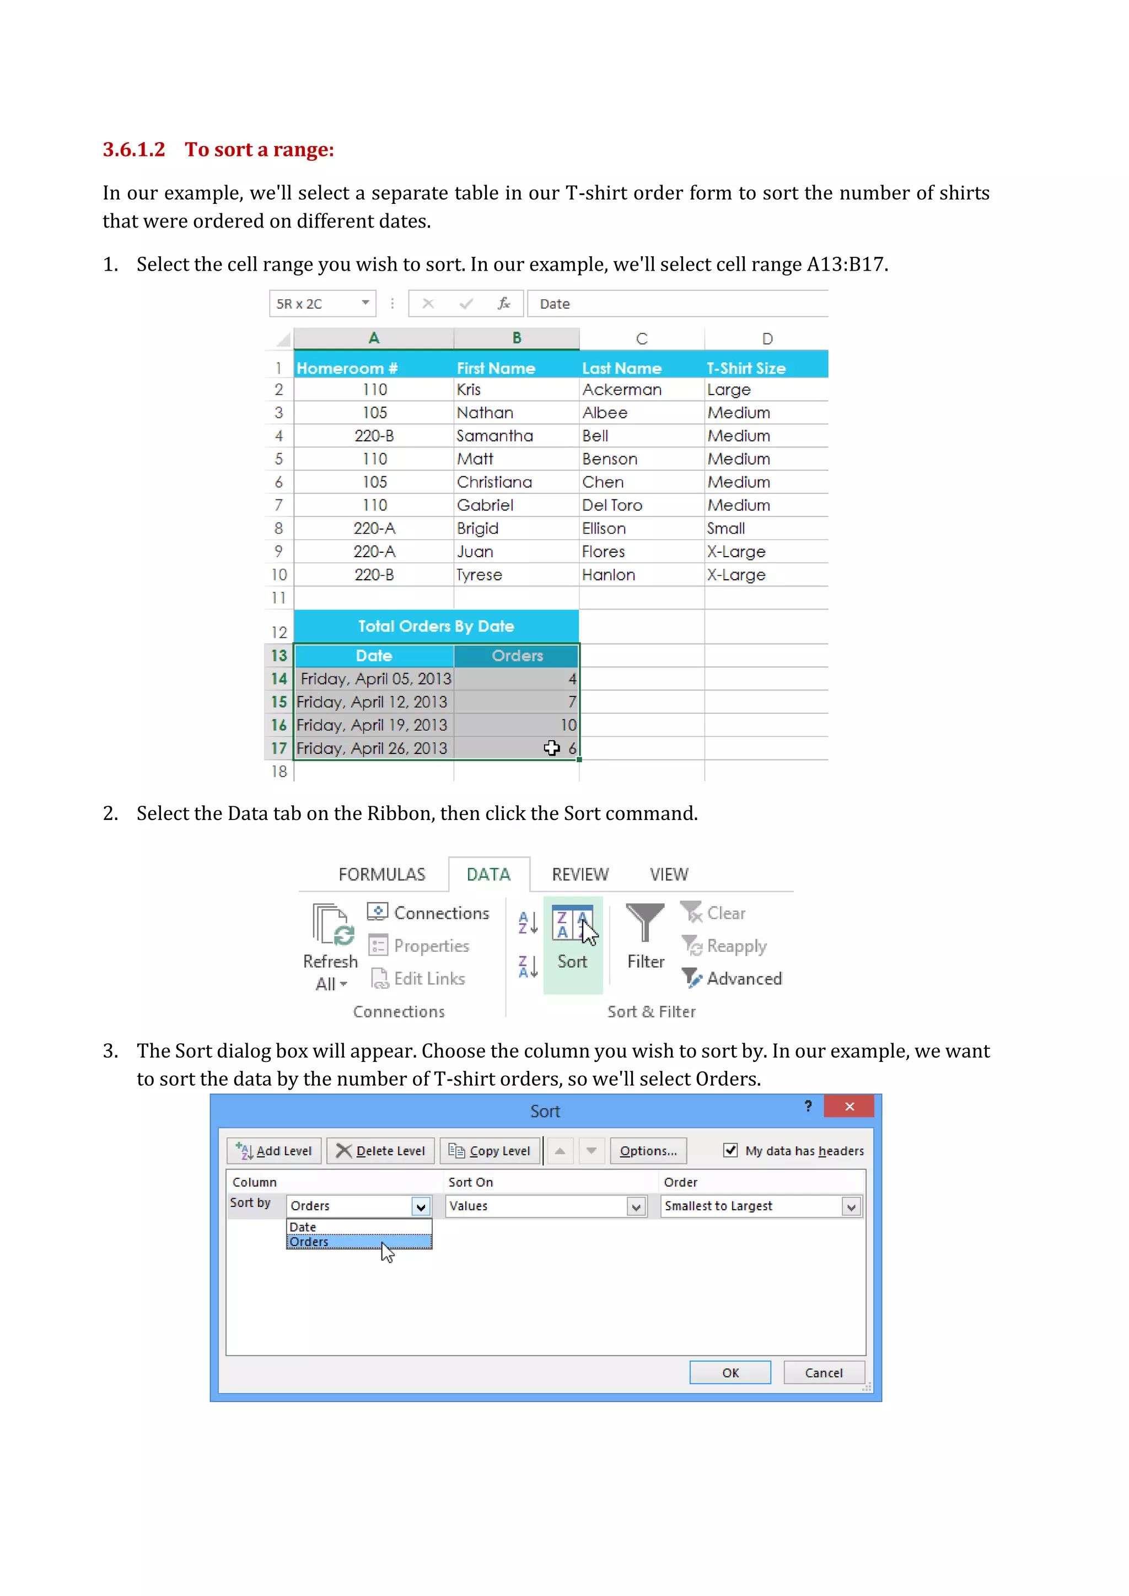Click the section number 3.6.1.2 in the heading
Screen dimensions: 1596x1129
point(134,149)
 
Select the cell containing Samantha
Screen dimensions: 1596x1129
point(495,436)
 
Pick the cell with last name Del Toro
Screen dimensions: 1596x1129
point(612,505)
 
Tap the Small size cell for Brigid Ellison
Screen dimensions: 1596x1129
point(726,529)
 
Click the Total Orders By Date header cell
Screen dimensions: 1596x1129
point(436,626)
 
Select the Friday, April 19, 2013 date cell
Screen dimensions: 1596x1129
point(372,725)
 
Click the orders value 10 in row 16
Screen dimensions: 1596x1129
point(568,725)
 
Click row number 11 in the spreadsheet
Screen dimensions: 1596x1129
point(279,598)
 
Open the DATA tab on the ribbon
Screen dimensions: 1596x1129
point(488,875)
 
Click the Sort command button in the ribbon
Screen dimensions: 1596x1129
point(572,942)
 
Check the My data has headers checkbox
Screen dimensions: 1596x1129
point(730,1150)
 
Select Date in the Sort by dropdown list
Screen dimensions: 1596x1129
point(303,1227)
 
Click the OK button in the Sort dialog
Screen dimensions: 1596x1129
point(730,1373)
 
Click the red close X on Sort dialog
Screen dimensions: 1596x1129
point(849,1107)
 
